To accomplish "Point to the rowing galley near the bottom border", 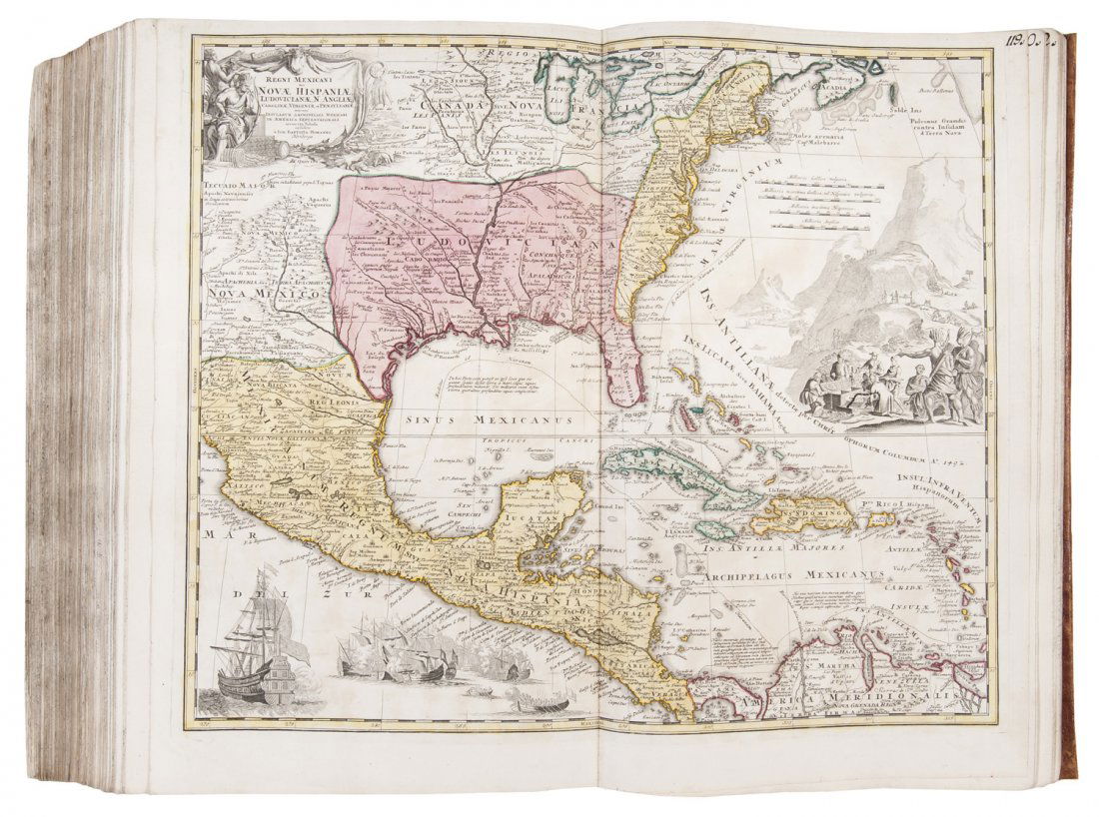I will pos(531,705).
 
